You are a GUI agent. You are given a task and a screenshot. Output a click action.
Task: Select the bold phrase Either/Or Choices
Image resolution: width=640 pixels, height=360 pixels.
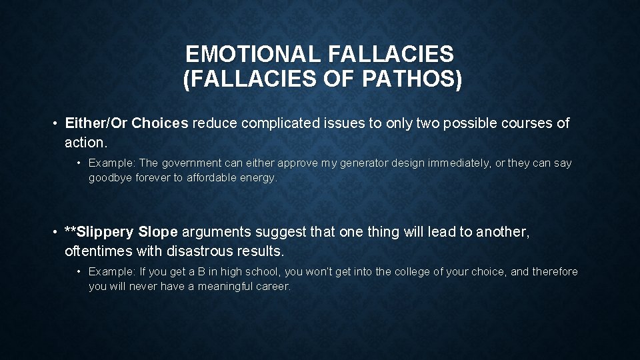point(127,123)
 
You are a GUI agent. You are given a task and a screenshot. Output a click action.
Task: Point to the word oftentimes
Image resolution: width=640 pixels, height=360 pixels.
point(99,251)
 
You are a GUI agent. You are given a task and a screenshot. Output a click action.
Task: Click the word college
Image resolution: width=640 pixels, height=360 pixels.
point(413,271)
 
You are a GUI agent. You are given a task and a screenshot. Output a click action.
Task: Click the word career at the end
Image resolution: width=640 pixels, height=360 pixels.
point(275,287)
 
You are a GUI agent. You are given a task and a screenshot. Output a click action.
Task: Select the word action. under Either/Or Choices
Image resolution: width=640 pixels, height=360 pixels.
point(85,143)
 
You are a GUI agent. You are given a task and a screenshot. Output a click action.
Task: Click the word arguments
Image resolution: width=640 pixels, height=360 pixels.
point(216,232)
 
